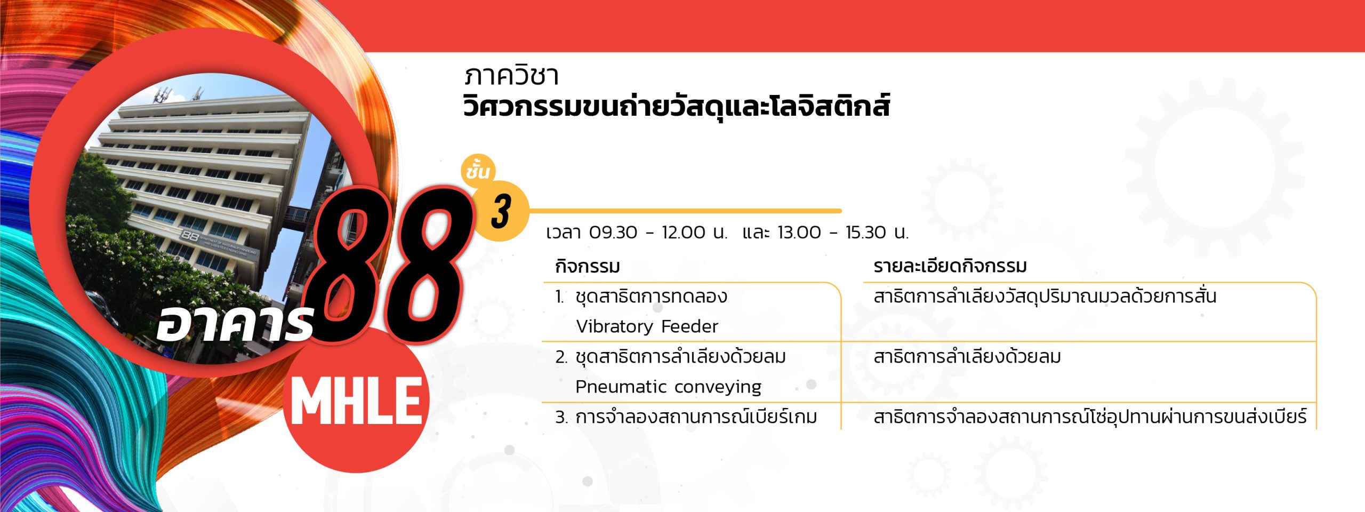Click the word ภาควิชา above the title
point(511,76)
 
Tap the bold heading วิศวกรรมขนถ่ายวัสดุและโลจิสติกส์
point(676,107)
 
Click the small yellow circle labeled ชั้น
point(478,171)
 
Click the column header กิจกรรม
point(587,266)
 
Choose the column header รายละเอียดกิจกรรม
point(950,266)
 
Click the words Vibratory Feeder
point(647,326)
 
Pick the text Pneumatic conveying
point(668,387)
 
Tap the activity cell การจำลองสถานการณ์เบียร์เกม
point(696,417)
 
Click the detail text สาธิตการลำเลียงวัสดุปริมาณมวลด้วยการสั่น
point(1045,295)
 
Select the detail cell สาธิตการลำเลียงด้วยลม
point(967,356)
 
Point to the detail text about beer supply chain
point(1090,417)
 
